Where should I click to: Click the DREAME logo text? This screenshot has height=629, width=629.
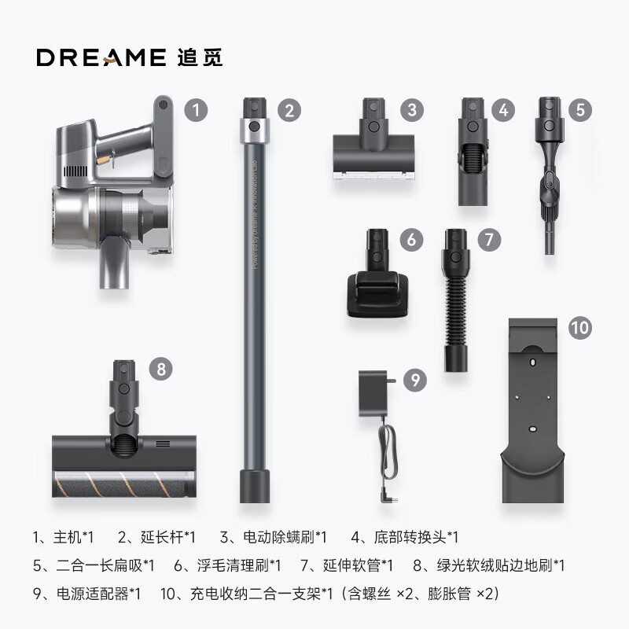click(98, 57)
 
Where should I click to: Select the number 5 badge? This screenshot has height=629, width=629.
click(579, 110)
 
